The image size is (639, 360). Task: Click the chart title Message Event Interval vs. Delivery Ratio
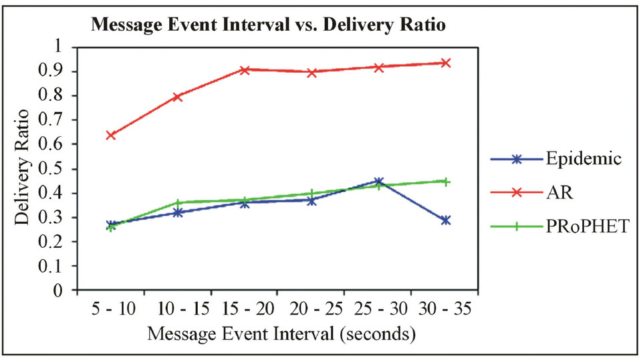tap(267, 25)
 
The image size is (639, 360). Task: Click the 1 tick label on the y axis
tap(66, 47)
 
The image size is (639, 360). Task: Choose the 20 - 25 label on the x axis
tap(311, 309)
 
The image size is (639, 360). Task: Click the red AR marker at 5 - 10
tap(111, 135)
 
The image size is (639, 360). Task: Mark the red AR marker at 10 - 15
tap(178, 97)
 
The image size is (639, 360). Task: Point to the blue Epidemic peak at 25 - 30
tap(378, 181)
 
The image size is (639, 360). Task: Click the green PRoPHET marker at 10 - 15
tap(178, 202)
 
